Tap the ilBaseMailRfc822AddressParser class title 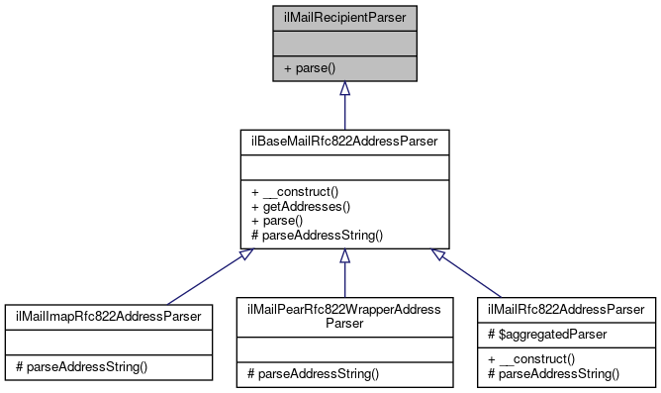coord(343,143)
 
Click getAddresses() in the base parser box coord(300,207)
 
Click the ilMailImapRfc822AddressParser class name coord(109,316)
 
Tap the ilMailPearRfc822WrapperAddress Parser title coord(343,316)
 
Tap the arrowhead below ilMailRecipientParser coord(343,89)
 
